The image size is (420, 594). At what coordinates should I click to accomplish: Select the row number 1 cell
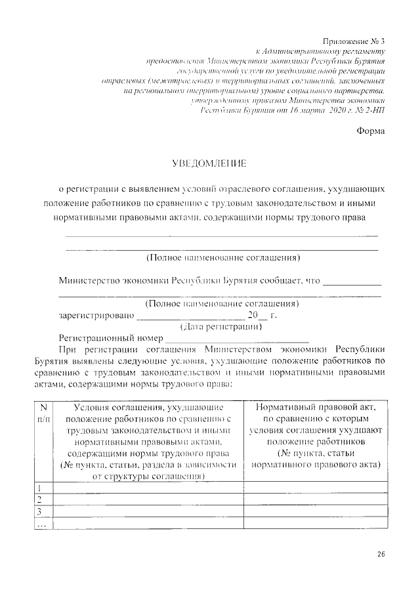[x=43, y=488]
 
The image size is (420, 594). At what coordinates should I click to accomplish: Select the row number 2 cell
[x=43, y=499]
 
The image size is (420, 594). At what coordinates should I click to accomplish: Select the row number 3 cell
[x=43, y=511]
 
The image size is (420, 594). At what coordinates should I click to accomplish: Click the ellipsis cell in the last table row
[x=43, y=523]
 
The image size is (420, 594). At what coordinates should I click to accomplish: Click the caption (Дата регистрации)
[x=221, y=326]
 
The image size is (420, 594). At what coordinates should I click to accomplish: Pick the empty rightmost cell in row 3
[x=316, y=511]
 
